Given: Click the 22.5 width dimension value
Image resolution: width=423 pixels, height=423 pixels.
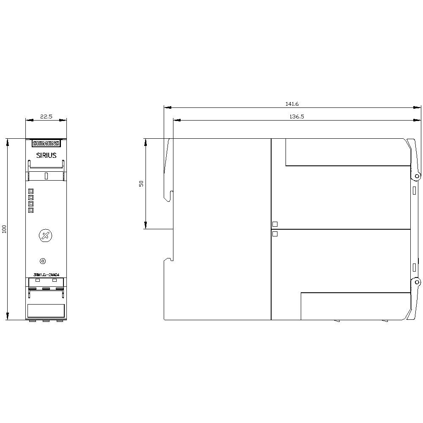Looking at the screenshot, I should [46, 117].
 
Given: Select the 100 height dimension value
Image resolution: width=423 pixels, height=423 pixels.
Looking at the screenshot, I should [4, 229].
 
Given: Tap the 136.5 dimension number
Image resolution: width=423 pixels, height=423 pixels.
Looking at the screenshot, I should [297, 117].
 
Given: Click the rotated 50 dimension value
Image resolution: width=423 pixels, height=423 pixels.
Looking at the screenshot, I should [142, 183].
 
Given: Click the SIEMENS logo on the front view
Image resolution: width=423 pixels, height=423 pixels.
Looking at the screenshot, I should [46, 144].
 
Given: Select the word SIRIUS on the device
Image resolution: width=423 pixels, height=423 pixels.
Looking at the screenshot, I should [46, 155].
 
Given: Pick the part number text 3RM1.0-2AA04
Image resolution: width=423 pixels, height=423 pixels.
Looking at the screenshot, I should [46, 275].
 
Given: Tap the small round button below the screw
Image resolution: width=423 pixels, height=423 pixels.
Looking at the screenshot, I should [41, 261].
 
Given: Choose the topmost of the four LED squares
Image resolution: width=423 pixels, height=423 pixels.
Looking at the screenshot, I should [30, 191].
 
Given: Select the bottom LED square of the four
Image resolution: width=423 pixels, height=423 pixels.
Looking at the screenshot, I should [30, 210].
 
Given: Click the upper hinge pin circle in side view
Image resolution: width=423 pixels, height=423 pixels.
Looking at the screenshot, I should [417, 176].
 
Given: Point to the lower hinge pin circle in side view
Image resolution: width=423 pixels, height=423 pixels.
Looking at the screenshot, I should [417, 282].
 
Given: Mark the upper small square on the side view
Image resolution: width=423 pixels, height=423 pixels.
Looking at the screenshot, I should [275, 224].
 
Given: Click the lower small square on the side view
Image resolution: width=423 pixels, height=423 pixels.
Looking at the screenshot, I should [275, 233].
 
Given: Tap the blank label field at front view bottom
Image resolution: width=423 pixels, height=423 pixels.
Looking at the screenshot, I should [46, 311].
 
